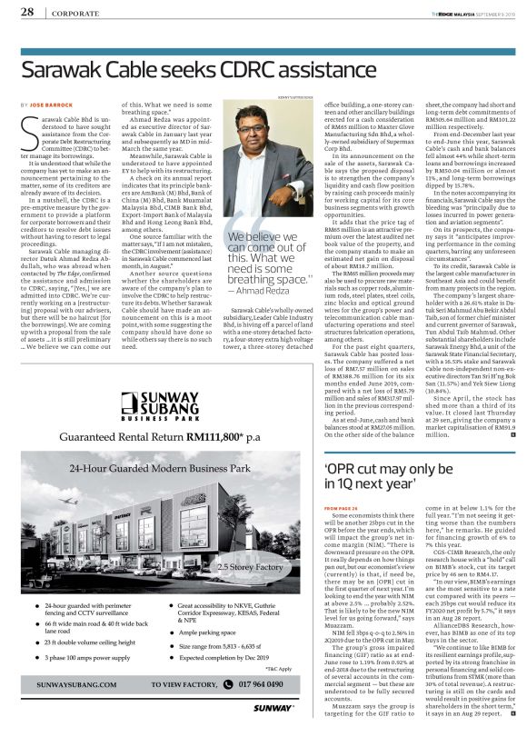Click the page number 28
pos(27,12)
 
